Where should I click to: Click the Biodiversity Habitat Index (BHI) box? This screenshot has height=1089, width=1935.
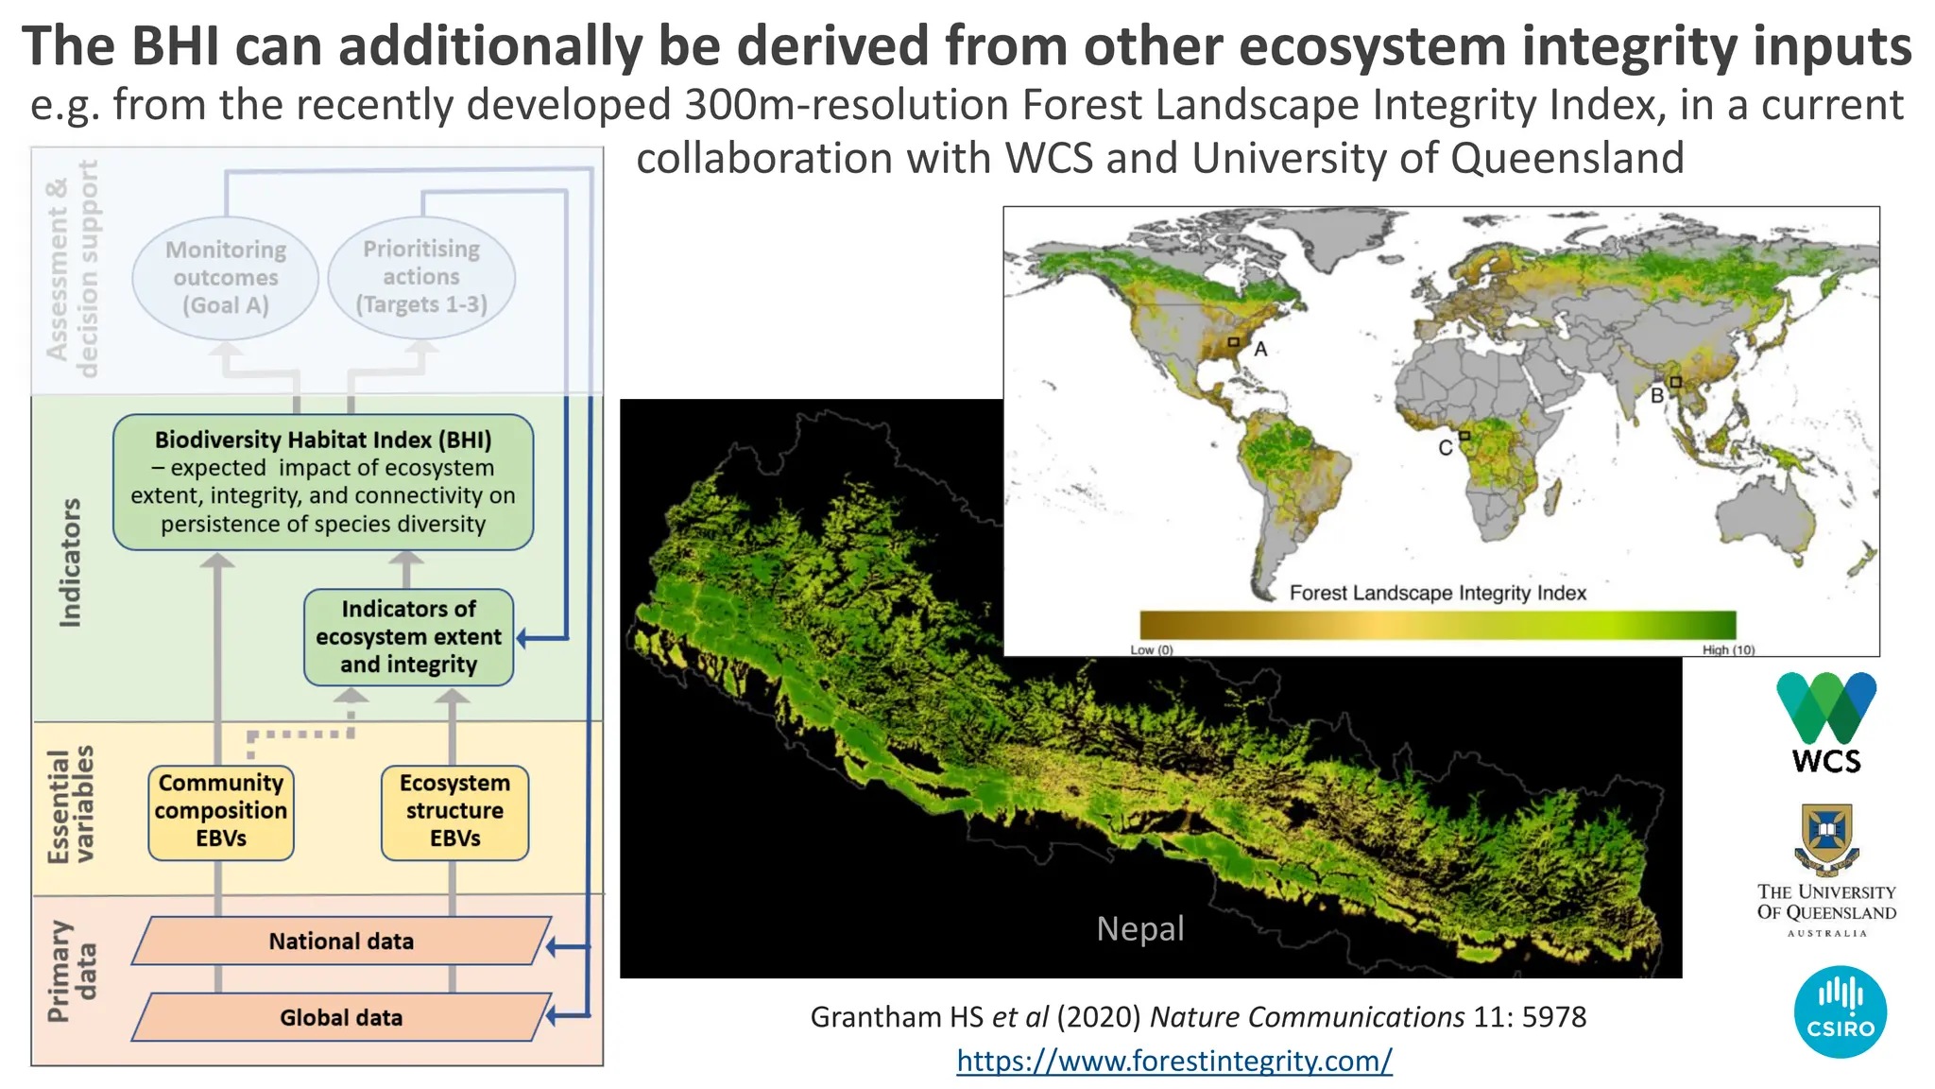click(323, 482)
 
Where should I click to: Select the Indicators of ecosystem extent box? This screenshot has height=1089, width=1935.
click(408, 637)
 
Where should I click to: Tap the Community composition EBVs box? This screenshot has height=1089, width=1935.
click(221, 812)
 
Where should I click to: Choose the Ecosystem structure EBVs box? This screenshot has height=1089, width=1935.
click(454, 812)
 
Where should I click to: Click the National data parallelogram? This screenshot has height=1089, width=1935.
click(341, 941)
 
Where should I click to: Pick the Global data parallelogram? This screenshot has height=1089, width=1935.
click(341, 1017)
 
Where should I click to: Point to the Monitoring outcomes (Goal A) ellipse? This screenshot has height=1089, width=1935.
click(225, 278)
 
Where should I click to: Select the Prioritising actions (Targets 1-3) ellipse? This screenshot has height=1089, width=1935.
click(421, 277)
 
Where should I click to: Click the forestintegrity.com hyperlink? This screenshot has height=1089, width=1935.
click(1173, 1061)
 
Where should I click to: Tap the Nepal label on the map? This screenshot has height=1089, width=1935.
click(1139, 928)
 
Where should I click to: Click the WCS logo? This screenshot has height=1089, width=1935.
click(1825, 723)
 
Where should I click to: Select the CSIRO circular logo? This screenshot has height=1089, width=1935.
click(1840, 1011)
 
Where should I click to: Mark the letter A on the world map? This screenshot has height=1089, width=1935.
click(1260, 350)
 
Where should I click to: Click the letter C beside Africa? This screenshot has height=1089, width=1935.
click(1445, 448)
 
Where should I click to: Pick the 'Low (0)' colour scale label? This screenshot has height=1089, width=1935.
click(1151, 649)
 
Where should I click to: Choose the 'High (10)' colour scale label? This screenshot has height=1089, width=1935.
click(1728, 649)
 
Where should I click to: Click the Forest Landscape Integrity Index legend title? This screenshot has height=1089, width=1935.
click(1437, 593)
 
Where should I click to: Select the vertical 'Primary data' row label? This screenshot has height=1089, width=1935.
click(72, 972)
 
